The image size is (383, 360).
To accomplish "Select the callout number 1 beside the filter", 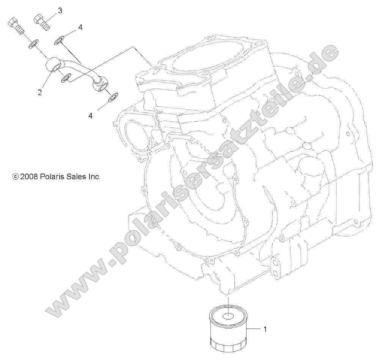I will pyautogui.click(x=265, y=329).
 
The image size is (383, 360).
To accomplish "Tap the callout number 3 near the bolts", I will pyautogui.click(x=60, y=11).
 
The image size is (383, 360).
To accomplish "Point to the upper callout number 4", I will pyautogui.click(x=80, y=27).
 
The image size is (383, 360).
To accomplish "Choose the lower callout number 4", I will pyautogui.click(x=90, y=115).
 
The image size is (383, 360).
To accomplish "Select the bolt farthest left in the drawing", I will pyautogui.click(x=15, y=27).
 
